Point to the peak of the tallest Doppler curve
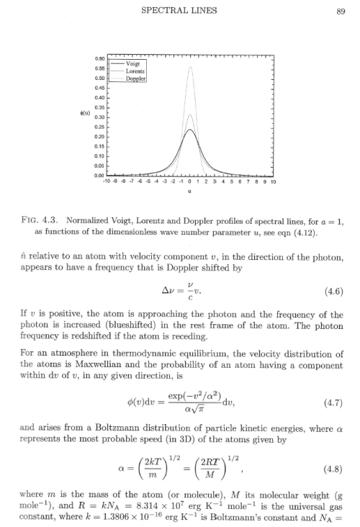189,66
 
